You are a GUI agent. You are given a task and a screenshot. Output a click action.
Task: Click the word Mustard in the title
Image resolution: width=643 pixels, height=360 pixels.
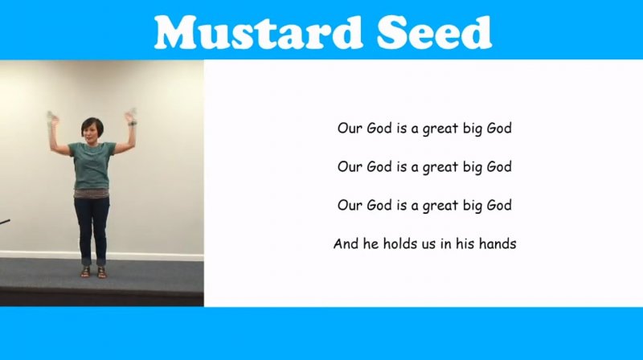tap(258, 32)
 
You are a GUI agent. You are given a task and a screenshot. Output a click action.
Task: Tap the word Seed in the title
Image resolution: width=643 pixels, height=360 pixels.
tap(434, 32)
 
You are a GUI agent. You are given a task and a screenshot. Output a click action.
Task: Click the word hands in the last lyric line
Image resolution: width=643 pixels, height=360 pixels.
tap(498, 243)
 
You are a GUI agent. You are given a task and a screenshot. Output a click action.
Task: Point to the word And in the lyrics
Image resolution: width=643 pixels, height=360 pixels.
tap(346, 243)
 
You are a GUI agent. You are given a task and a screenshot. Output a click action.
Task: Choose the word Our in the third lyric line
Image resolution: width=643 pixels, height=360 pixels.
tap(350, 205)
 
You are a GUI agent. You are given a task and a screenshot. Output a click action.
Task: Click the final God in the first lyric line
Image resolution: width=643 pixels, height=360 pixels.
tap(499, 128)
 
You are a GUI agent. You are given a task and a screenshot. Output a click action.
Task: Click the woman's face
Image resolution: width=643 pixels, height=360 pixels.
tap(89, 132)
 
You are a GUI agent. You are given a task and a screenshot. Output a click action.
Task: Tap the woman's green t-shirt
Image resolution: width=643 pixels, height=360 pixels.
tap(92, 165)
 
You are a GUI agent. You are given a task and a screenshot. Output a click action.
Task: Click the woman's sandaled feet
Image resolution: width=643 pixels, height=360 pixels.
tap(93, 272)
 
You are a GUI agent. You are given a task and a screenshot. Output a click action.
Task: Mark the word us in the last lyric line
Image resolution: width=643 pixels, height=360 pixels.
tap(429, 244)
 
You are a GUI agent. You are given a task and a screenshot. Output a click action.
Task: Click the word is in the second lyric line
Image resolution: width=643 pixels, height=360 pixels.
tap(401, 166)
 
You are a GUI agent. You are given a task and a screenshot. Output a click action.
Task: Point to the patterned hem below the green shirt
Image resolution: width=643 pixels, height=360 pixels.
tap(92, 194)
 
